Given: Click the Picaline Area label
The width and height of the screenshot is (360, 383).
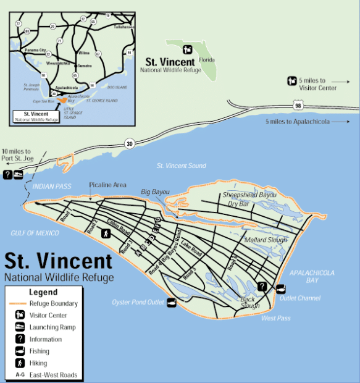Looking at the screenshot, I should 107,185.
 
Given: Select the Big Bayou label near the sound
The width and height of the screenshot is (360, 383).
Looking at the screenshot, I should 155,192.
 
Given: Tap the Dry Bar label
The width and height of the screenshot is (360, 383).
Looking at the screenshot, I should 238,203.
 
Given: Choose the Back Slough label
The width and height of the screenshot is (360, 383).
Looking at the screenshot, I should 249,303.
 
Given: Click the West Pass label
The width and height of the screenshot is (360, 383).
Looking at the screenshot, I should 275,318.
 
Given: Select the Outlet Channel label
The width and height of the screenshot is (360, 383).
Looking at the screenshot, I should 299,298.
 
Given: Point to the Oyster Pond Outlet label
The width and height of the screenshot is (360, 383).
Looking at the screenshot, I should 137,302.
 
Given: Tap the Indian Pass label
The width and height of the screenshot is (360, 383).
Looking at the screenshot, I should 52,186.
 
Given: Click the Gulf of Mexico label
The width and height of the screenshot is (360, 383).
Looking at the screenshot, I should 35,233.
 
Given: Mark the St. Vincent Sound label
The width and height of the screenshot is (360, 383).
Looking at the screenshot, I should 181,166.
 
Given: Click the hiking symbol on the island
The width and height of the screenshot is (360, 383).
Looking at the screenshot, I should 106,234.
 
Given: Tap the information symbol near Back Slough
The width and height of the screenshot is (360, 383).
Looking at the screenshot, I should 262,287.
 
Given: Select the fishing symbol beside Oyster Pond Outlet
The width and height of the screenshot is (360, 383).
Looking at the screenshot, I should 172,302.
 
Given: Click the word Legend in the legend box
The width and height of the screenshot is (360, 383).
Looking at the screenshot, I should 43,292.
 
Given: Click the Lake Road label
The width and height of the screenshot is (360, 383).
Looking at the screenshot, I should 191,249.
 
